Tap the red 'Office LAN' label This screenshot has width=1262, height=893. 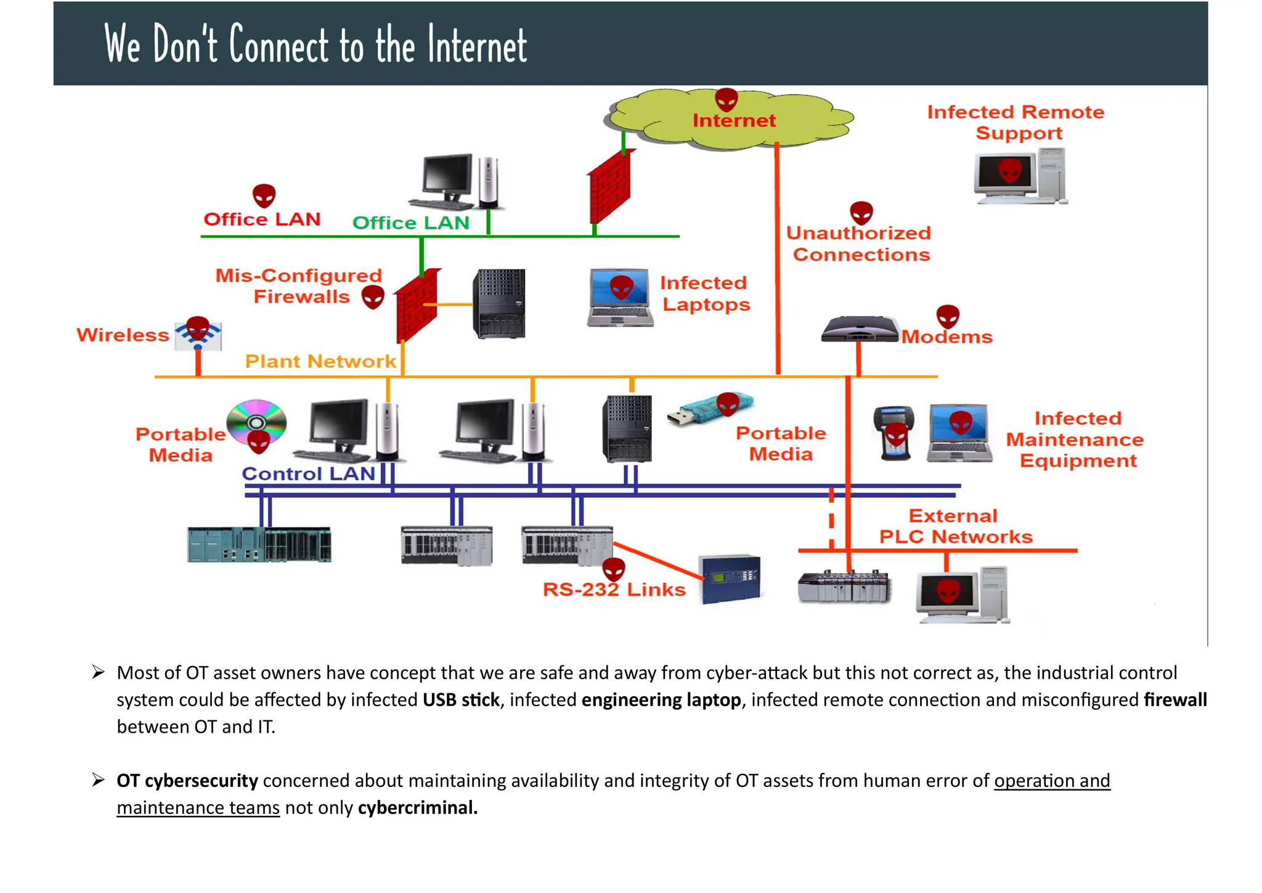point(262,220)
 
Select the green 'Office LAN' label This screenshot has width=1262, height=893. point(410,223)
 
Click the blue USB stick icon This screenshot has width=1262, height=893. point(709,410)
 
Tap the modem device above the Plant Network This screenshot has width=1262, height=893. point(860,329)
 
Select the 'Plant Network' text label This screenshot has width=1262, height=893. point(320,361)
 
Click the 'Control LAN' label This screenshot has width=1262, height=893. point(308,474)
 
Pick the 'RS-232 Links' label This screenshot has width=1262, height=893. point(614,590)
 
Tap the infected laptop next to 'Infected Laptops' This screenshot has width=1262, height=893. point(620,297)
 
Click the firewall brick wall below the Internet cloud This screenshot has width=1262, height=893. point(609,186)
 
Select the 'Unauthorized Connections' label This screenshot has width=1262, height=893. point(859,244)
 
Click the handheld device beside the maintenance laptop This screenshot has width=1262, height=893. point(894,433)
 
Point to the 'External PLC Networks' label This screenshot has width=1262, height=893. point(955,527)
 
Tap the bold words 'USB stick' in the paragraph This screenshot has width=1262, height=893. point(460,700)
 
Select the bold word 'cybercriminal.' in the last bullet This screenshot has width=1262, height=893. point(417,808)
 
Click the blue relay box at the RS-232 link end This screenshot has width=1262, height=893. point(731,578)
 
